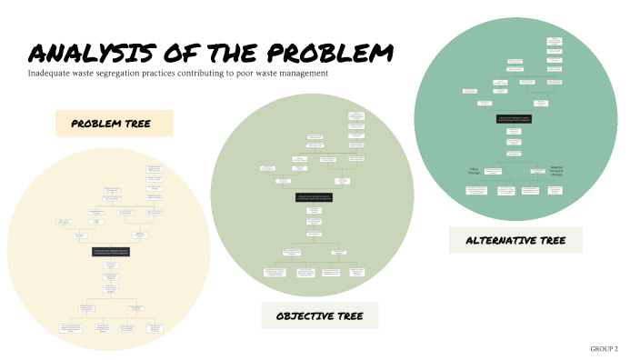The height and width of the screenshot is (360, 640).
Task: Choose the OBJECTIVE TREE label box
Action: [315, 315]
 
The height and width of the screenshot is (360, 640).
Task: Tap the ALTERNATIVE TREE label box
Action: [515, 240]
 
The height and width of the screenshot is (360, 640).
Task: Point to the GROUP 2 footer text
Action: [604, 349]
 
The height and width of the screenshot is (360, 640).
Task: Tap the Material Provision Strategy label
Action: [556, 170]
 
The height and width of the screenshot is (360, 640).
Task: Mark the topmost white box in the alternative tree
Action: [555, 40]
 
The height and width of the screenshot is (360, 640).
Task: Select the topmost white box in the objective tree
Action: [356, 115]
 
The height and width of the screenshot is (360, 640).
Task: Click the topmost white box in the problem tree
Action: [155, 169]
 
